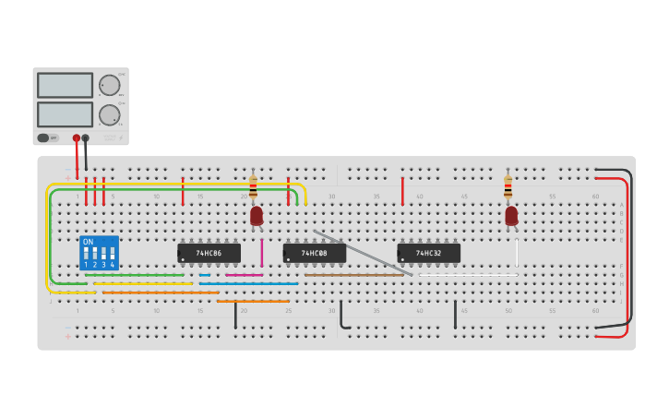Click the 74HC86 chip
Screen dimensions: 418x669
(209, 252)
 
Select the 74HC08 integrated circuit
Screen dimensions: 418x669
(314, 252)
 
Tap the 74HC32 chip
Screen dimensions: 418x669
(428, 252)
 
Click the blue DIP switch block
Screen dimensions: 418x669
(99, 252)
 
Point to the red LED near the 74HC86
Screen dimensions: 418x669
(257, 216)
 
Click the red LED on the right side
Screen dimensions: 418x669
(511, 216)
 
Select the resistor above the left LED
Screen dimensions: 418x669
(253, 188)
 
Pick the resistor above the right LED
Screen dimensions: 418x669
(508, 188)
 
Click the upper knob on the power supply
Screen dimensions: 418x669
(110, 86)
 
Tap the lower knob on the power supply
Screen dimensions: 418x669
(110, 115)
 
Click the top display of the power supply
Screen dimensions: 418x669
(65, 85)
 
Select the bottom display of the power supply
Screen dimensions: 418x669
(65, 114)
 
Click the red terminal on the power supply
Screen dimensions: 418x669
(77, 138)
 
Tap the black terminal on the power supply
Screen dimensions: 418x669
(86, 138)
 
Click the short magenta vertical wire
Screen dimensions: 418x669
(261, 252)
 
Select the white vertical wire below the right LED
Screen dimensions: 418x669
(517, 252)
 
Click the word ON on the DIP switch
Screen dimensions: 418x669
(88, 242)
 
